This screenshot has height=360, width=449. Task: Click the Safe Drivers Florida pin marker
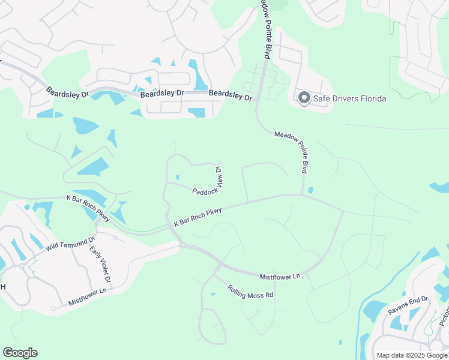[x=304, y=98]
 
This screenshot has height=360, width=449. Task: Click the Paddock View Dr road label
[x=208, y=184]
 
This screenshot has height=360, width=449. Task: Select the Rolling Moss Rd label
[x=250, y=292]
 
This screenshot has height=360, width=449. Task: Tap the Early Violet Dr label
[x=100, y=265]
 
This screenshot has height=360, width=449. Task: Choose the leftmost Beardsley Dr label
[x=67, y=92]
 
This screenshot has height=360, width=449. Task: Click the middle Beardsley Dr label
[x=161, y=94]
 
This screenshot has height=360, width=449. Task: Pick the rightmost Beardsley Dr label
[x=231, y=95]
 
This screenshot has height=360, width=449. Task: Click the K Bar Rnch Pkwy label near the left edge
[x=88, y=208]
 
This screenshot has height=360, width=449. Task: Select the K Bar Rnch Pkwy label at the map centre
[x=198, y=217]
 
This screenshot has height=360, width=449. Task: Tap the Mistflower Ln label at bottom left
[x=87, y=295]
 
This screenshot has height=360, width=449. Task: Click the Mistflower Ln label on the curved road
[x=279, y=277]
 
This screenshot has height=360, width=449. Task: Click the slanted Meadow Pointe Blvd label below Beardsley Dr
[x=295, y=151]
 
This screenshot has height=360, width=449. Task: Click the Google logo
[x=20, y=353]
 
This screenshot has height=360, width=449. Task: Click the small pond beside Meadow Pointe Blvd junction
[x=310, y=190]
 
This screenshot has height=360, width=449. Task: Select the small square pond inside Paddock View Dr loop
[x=178, y=177]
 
